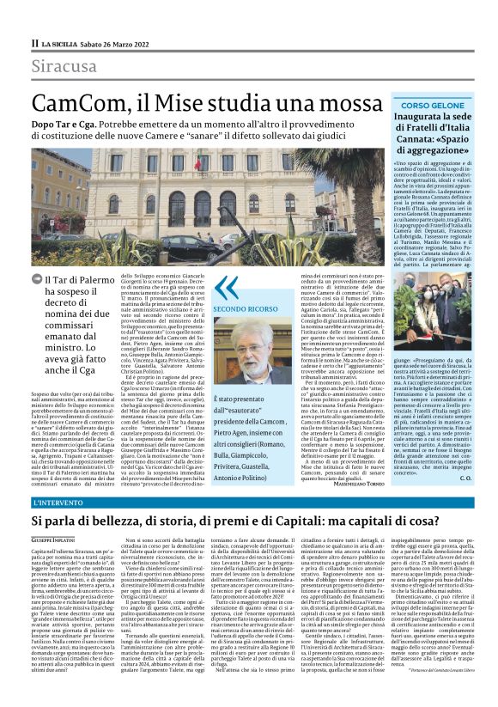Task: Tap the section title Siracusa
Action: (64, 67)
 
